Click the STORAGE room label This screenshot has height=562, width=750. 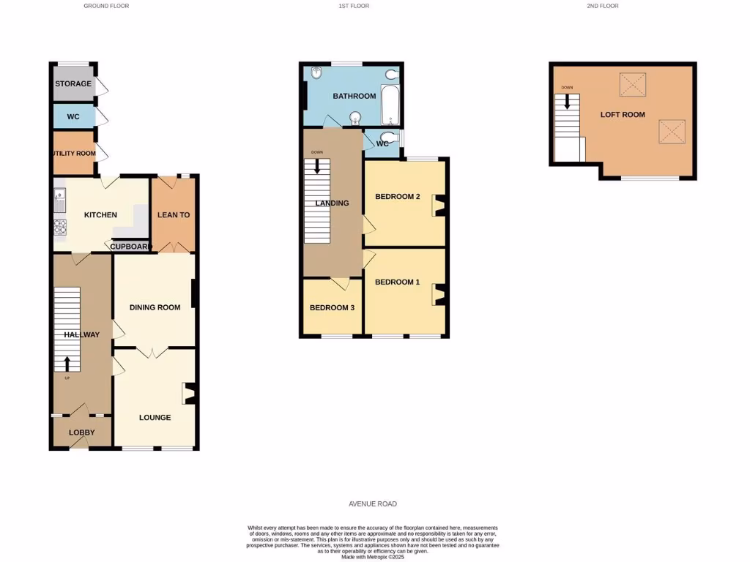tap(73, 83)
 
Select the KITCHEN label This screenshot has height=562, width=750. tap(100, 215)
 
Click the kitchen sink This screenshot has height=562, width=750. tap(59, 196)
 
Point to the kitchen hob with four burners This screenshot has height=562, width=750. tap(59, 227)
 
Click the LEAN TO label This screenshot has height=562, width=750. tap(174, 215)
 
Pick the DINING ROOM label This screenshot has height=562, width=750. tap(155, 307)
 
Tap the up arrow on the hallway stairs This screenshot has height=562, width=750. tap(67, 364)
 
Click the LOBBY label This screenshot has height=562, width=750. tap(82, 432)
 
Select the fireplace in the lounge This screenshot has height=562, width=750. tap(190, 394)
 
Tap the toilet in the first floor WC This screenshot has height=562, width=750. tap(393, 138)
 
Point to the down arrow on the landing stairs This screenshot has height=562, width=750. tap(316, 165)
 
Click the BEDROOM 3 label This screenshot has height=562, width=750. tap(332, 308)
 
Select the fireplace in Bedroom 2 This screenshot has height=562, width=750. tap(439, 205)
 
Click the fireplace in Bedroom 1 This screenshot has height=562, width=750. tap(439, 294)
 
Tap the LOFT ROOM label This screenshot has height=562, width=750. tap(623, 115)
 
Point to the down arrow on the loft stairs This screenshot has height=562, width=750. tap(567, 100)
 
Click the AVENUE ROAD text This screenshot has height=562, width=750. tap(373, 504)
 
